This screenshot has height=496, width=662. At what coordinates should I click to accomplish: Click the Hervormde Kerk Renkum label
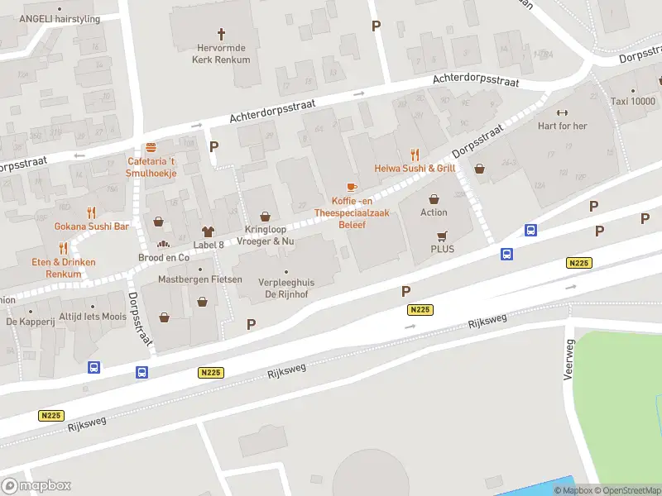pos(221,54)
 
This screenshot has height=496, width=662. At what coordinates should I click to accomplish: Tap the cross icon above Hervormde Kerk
pos(221,34)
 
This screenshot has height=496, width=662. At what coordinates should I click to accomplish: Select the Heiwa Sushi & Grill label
pos(415,168)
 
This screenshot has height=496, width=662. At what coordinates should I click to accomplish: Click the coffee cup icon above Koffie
pos(352,187)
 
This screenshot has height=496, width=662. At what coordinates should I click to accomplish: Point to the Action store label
pos(434,212)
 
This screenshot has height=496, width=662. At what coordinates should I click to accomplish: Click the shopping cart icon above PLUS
pos(442,235)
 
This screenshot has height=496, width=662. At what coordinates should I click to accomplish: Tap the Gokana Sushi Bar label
pos(92,226)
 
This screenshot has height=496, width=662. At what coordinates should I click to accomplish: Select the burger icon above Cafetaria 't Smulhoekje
pos(151,146)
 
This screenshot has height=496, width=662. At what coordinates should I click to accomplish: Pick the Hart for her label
pos(562,126)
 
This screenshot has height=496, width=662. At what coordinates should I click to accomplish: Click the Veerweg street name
pos(568,360)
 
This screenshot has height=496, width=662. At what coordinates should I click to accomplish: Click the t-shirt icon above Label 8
pos(208,231)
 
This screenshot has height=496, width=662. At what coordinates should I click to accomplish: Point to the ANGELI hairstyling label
pos(59,19)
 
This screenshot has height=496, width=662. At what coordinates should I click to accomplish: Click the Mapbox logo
pos(36,486)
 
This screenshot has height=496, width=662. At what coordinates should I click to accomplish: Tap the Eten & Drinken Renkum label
pos(64,267)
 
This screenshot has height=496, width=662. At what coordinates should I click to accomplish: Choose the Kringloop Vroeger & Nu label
pos(265,235)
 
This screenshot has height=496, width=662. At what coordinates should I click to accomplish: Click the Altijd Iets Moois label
pos(92,317)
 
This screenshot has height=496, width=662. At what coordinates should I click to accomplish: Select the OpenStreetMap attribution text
pos(626,490)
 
